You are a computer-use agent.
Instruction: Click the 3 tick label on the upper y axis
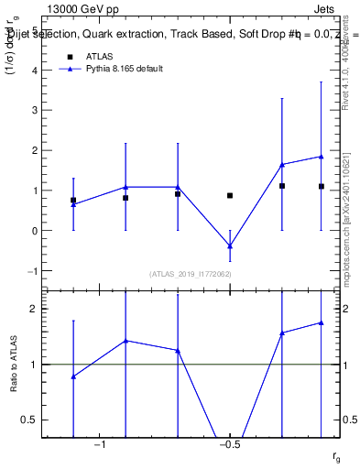point(34,110)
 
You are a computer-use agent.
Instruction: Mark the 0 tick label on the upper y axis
point(34,231)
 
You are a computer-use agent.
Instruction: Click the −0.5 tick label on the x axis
point(230,445)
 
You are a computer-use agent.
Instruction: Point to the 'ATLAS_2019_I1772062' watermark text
point(190,274)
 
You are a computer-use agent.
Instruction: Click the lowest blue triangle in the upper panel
point(230,246)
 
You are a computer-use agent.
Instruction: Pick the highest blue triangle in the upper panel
point(322,157)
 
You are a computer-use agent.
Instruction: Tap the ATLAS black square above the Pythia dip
point(230,195)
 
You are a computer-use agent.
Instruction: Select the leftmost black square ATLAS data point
point(73,200)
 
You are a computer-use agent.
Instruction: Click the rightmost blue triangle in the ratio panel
point(322,322)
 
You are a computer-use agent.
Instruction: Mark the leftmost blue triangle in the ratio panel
point(73,376)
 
